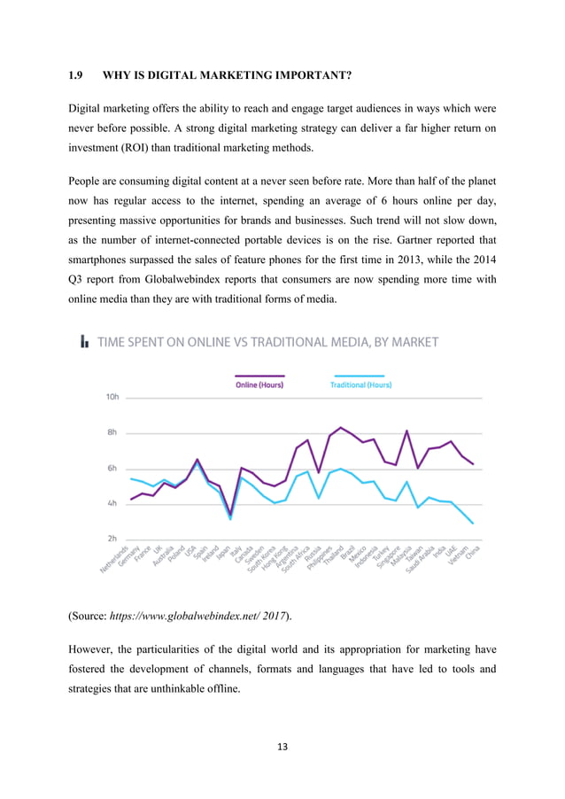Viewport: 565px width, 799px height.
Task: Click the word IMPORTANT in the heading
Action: point(300,75)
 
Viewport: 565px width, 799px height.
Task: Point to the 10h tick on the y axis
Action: point(112,398)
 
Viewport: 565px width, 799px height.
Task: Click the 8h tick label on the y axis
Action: point(112,433)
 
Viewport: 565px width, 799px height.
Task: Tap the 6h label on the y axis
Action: point(112,469)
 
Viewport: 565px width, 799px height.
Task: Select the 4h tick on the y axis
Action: point(112,503)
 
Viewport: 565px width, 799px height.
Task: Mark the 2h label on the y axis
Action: point(112,539)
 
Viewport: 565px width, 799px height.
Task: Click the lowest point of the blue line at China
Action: point(473,524)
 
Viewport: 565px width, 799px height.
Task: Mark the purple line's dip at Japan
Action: point(230,513)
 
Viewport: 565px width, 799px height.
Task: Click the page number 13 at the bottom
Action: point(282,747)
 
